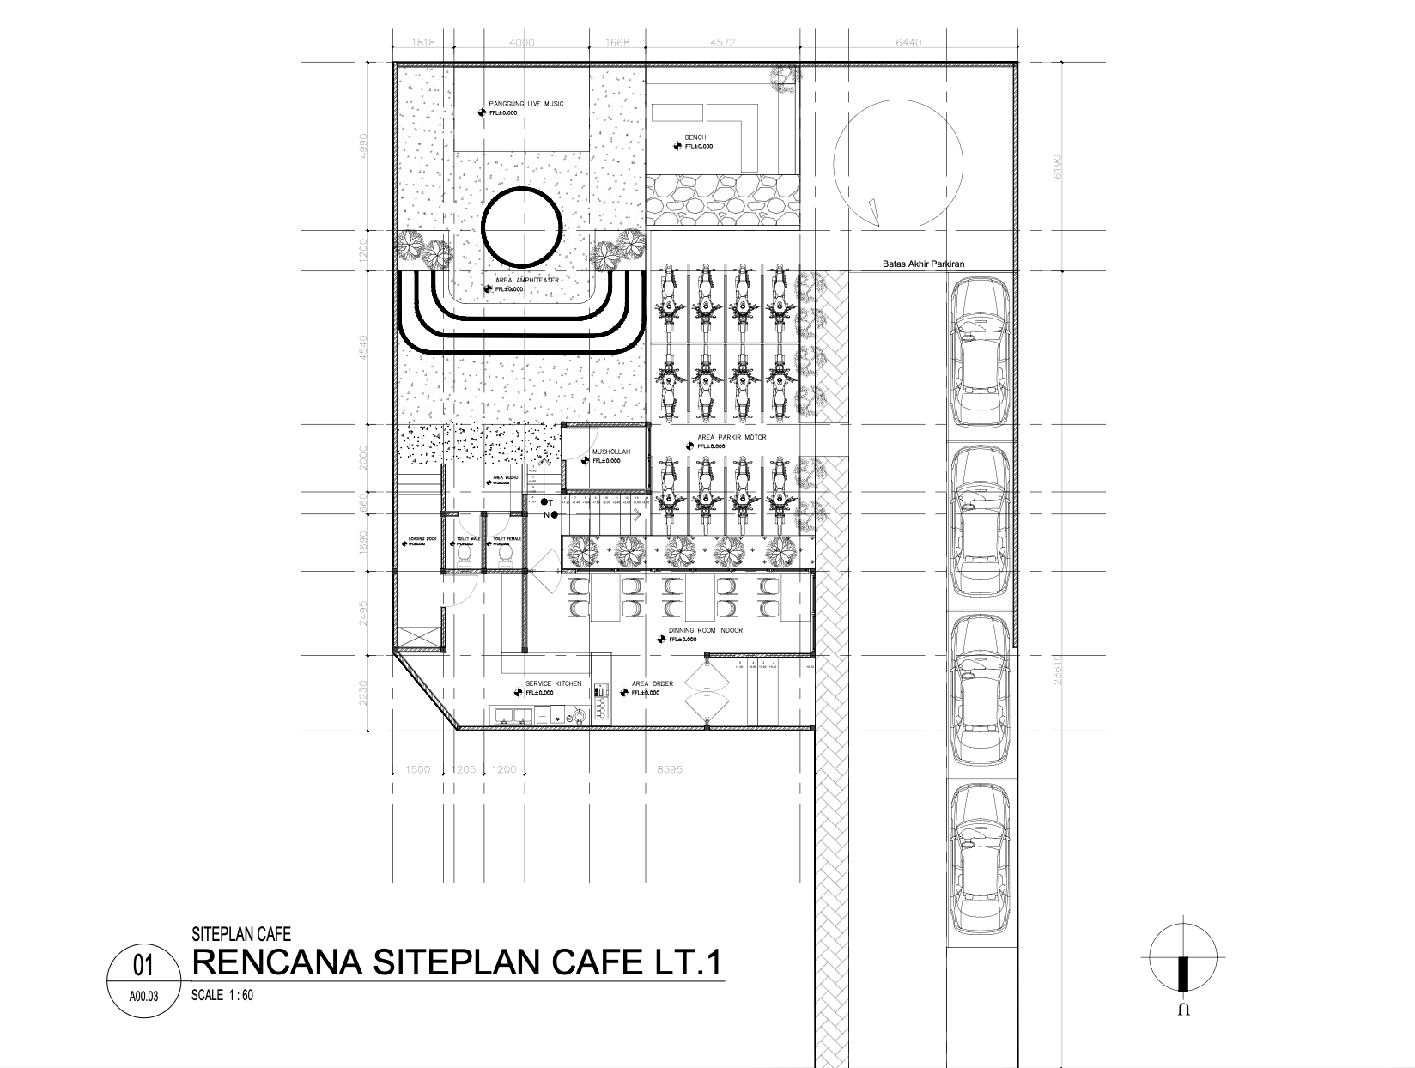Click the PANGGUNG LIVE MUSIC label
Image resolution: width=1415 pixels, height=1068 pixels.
click(x=526, y=104)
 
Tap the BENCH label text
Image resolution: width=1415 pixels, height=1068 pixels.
click(x=695, y=137)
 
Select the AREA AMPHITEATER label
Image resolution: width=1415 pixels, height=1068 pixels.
click(x=527, y=281)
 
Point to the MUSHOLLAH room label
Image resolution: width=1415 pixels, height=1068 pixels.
click(x=611, y=452)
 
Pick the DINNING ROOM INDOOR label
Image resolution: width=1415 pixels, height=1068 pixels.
click(x=705, y=630)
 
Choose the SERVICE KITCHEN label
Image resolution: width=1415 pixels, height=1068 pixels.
click(x=553, y=684)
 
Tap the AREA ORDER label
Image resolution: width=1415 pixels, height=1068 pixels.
click(x=653, y=684)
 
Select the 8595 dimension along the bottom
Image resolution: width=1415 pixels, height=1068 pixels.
click(x=670, y=770)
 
